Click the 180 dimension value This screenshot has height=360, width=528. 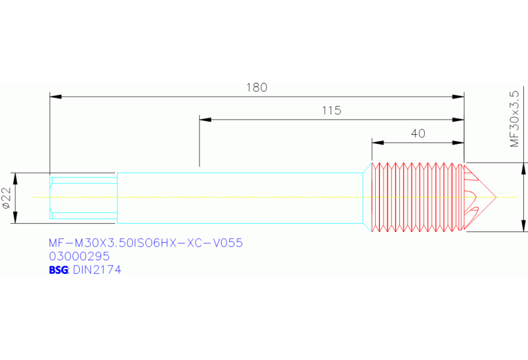pyautogui.click(x=257, y=87)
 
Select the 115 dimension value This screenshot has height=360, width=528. pyautogui.click(x=332, y=110)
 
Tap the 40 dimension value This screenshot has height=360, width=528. pyautogui.click(x=418, y=134)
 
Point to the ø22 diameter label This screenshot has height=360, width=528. pyautogui.click(x=7, y=198)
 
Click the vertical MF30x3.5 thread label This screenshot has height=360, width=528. pyautogui.click(x=514, y=119)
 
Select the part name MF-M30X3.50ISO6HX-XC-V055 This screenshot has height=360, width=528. pyautogui.click(x=146, y=243)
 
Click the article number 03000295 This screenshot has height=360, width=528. pyautogui.click(x=79, y=256)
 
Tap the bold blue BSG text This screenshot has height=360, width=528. pyautogui.click(x=59, y=270)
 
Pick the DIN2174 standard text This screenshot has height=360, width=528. pyautogui.click(x=97, y=270)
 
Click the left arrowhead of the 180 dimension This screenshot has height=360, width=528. pyautogui.click(x=56, y=96)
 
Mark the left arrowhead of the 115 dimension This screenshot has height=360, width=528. pyautogui.click(x=205, y=120)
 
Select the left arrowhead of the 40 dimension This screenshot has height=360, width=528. pyautogui.click(x=378, y=142)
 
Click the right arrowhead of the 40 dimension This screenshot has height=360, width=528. pyautogui.click(x=458, y=142)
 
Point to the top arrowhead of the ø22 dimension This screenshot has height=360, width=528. pyautogui.click(x=15, y=178)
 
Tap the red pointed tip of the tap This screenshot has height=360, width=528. pyautogui.click(x=496, y=197)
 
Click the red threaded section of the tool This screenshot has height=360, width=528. pyautogui.click(x=418, y=197)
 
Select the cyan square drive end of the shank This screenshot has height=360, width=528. pyautogui.click(x=83, y=198)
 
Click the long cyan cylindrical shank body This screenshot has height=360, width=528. pyautogui.click(x=240, y=198)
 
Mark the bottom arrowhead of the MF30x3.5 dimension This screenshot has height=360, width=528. pyautogui.click(x=523, y=226)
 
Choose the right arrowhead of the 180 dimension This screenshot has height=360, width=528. pyautogui.click(x=458, y=96)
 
